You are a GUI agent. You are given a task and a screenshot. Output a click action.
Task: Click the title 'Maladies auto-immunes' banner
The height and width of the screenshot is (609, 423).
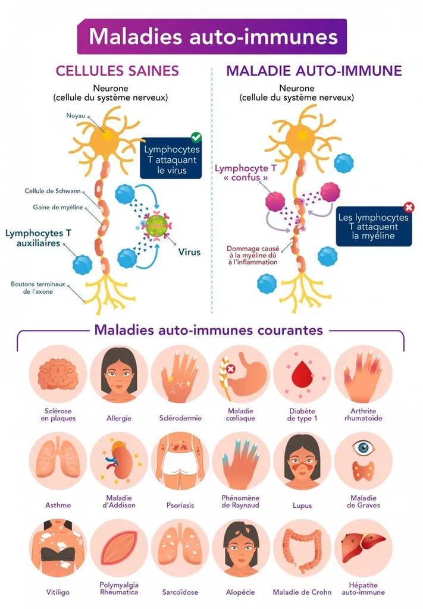pyautogui.click(x=212, y=36)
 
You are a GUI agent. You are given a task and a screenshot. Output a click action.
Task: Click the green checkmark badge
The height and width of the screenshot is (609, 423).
pyautogui.click(x=196, y=137)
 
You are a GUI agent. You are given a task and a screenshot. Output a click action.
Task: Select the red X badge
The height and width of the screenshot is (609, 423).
pyautogui.click(x=409, y=208)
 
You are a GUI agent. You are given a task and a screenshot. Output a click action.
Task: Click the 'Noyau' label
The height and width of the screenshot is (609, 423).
pyautogui.click(x=75, y=115)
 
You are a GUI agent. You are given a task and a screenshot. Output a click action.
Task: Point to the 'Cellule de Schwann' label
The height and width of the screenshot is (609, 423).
pyautogui.click(x=52, y=192)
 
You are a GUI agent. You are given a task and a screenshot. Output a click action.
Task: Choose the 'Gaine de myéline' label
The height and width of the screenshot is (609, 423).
pyautogui.click(x=58, y=208)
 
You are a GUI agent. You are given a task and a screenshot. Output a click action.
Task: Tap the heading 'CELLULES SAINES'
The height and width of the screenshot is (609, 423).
pyautogui.click(x=117, y=71)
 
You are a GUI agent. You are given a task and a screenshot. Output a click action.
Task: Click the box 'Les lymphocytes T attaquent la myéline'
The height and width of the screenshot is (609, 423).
pyautogui.click(x=374, y=227)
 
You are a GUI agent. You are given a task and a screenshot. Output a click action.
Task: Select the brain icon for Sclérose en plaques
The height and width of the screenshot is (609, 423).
pyautogui.click(x=58, y=375)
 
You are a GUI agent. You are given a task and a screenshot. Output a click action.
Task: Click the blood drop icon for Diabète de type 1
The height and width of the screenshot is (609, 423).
pyautogui.click(x=302, y=374)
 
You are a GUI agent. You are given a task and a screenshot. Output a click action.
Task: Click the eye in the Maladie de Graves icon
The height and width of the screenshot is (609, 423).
pyautogui.click(x=363, y=447)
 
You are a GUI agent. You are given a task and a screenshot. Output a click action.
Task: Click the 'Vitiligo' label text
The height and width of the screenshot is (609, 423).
pyautogui.click(x=58, y=592)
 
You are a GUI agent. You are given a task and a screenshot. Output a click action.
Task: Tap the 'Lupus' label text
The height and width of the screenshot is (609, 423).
pyautogui.click(x=302, y=505)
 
